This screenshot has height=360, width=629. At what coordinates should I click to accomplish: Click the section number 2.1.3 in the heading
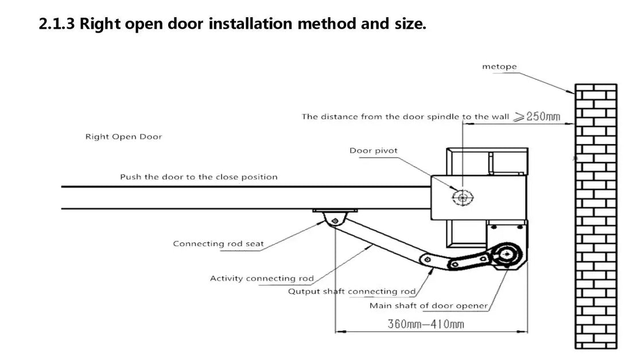pos(57,24)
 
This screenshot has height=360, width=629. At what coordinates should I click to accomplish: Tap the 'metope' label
pos(499,67)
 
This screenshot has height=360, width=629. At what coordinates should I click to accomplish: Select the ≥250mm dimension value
pos(537,117)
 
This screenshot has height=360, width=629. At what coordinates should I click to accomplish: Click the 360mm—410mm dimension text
pos(426,324)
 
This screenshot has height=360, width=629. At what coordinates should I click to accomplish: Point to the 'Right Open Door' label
pos(123,137)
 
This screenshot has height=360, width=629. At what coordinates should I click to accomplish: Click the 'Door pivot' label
pos(374,150)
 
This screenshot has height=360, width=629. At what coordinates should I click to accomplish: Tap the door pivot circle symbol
pos(463,197)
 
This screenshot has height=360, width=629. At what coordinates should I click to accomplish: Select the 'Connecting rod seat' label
pos(218,243)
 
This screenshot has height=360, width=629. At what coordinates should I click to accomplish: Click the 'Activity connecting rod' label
pos(262,278)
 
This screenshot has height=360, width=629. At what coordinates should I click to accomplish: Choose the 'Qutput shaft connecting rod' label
pos(352,291)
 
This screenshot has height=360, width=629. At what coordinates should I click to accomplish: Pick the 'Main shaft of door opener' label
pos(429,306)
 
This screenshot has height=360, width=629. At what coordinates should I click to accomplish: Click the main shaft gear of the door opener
pos(507,254)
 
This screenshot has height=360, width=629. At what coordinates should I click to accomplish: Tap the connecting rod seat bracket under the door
pos(335,217)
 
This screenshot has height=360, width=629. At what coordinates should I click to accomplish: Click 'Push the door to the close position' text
pos(199,177)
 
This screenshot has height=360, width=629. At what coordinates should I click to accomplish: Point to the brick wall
pos(596,216)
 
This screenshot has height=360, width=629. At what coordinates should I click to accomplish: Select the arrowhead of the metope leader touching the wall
pos(571,92)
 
